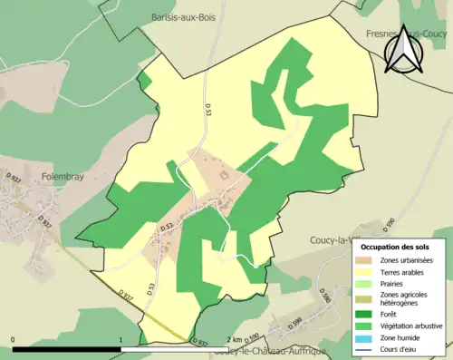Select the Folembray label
pos(63,177)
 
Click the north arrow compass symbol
pos(403,49)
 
